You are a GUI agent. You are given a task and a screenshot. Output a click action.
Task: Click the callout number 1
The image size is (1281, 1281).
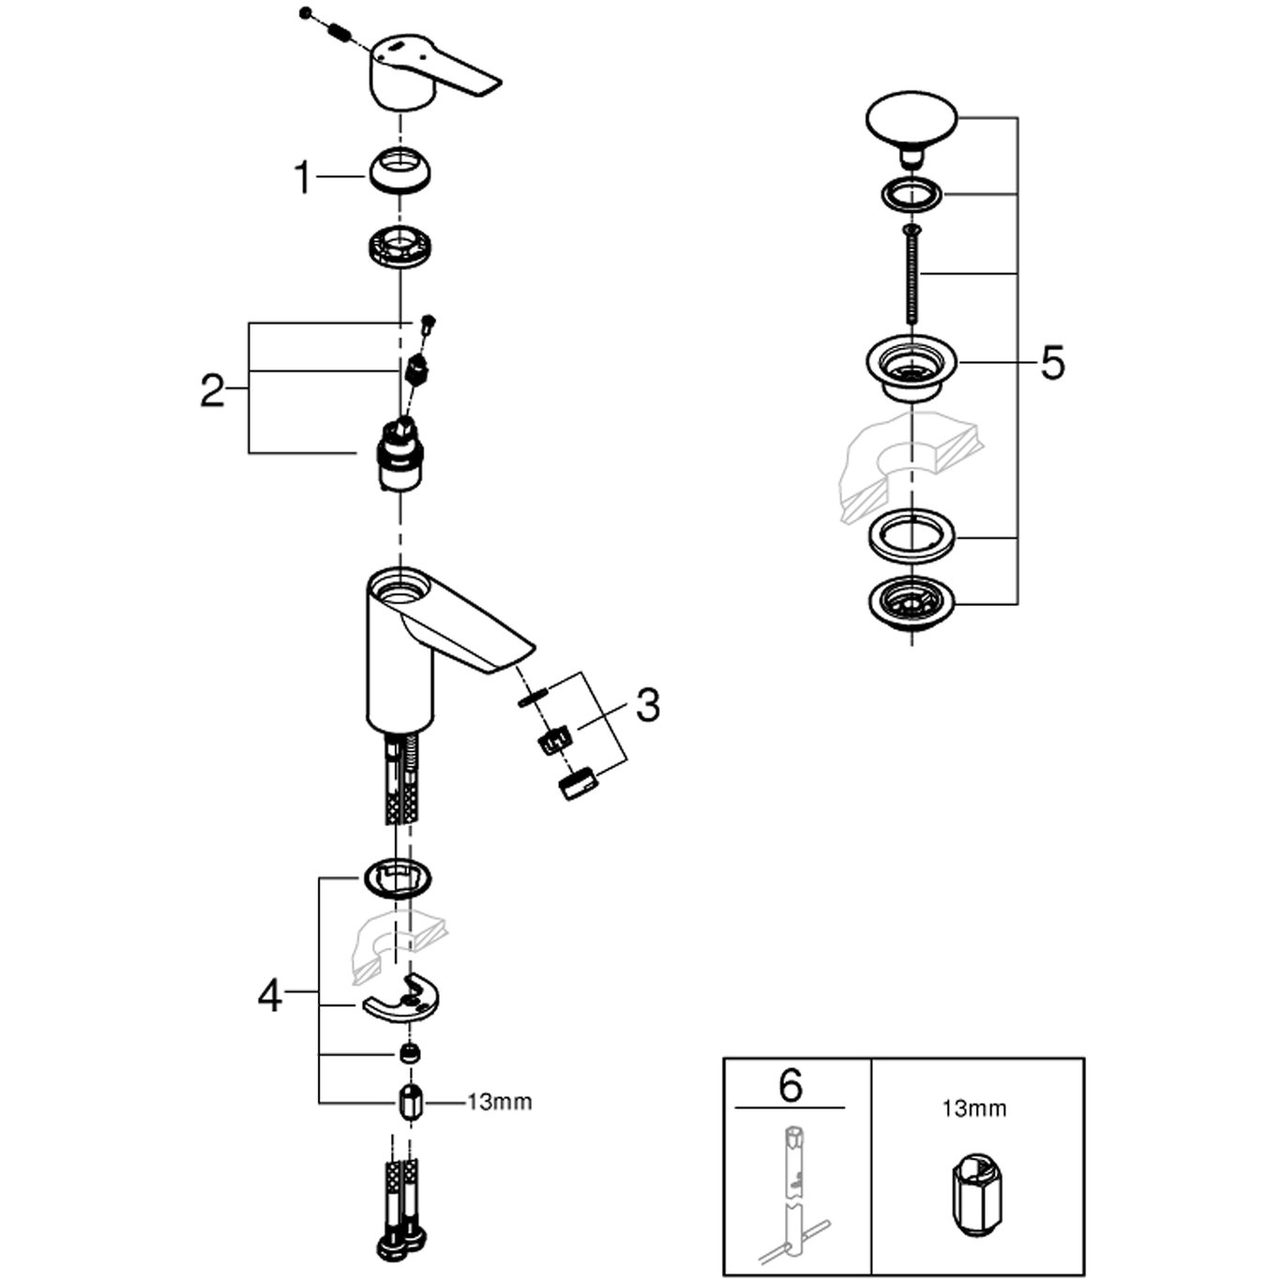302,176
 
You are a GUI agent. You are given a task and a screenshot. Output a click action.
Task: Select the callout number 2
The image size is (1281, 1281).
213,389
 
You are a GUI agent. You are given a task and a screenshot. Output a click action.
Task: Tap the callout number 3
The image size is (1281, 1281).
647,705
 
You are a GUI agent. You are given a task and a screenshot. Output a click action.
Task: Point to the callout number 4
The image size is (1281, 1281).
270,995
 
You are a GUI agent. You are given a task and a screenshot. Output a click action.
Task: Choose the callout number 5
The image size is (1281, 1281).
1052,362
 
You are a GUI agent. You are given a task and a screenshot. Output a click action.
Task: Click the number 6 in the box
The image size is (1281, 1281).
791,1086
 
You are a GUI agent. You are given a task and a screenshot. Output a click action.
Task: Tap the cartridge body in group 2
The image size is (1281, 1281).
399,460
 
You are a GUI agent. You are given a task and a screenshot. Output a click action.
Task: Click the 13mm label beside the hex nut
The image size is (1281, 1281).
499,1102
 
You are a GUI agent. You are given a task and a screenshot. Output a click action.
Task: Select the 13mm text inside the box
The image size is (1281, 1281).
974,1109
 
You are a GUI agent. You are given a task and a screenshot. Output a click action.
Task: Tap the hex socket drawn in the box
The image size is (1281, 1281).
975,1191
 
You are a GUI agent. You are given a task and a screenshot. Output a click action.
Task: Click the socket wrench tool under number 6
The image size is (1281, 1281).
792,1191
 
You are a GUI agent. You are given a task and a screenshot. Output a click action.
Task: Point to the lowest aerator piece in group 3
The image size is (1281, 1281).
575,781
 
